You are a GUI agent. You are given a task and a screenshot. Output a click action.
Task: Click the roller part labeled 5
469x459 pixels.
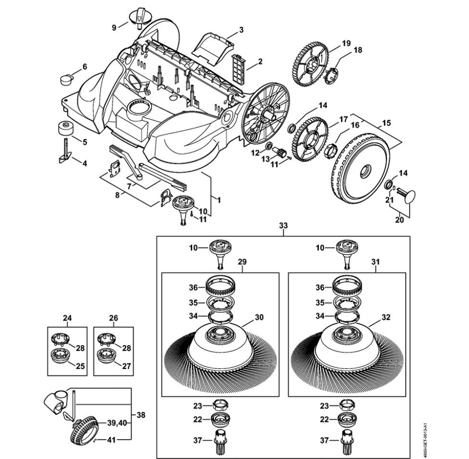tap(63, 127)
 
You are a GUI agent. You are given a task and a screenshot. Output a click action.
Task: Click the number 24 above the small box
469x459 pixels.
tap(67, 318)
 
